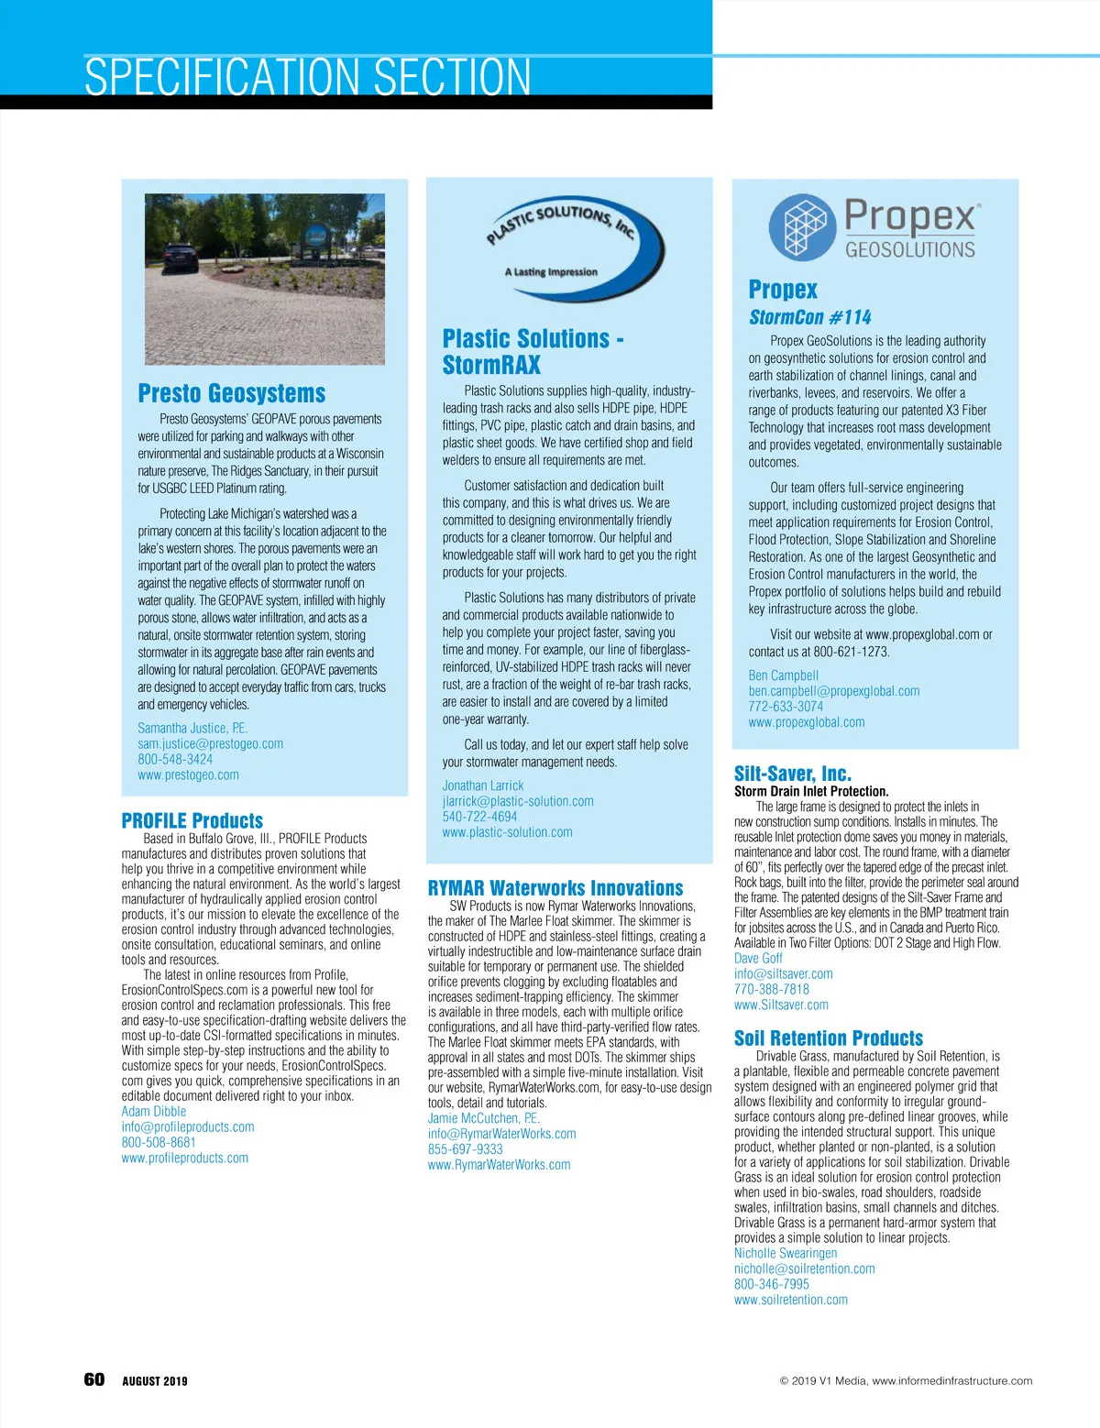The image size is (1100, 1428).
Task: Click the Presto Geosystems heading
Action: click(x=231, y=393)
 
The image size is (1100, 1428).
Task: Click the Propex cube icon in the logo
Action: click(x=803, y=227)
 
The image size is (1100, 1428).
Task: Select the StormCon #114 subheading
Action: click(x=809, y=317)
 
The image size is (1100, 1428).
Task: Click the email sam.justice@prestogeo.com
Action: click(x=210, y=743)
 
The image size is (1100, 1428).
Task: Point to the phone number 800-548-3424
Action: click(x=175, y=759)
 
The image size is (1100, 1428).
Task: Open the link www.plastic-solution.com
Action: click(x=507, y=832)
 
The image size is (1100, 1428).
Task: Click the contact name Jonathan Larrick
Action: click(x=483, y=785)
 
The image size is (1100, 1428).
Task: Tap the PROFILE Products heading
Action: click(x=192, y=820)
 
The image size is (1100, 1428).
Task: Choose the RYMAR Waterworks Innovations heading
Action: click(x=555, y=888)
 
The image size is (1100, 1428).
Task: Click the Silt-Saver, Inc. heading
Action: click(x=792, y=774)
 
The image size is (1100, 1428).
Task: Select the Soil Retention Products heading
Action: click(x=828, y=1038)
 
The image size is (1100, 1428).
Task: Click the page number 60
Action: click(x=94, y=1379)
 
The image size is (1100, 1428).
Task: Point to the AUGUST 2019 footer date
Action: click(x=154, y=1381)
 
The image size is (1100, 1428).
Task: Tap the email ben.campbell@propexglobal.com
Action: click(x=833, y=691)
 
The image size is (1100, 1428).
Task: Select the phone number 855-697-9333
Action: click(x=465, y=1148)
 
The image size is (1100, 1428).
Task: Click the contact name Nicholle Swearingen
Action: click(x=785, y=1253)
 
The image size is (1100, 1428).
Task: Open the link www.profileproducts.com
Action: click(x=184, y=1158)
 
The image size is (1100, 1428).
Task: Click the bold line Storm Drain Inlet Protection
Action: click(x=810, y=791)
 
